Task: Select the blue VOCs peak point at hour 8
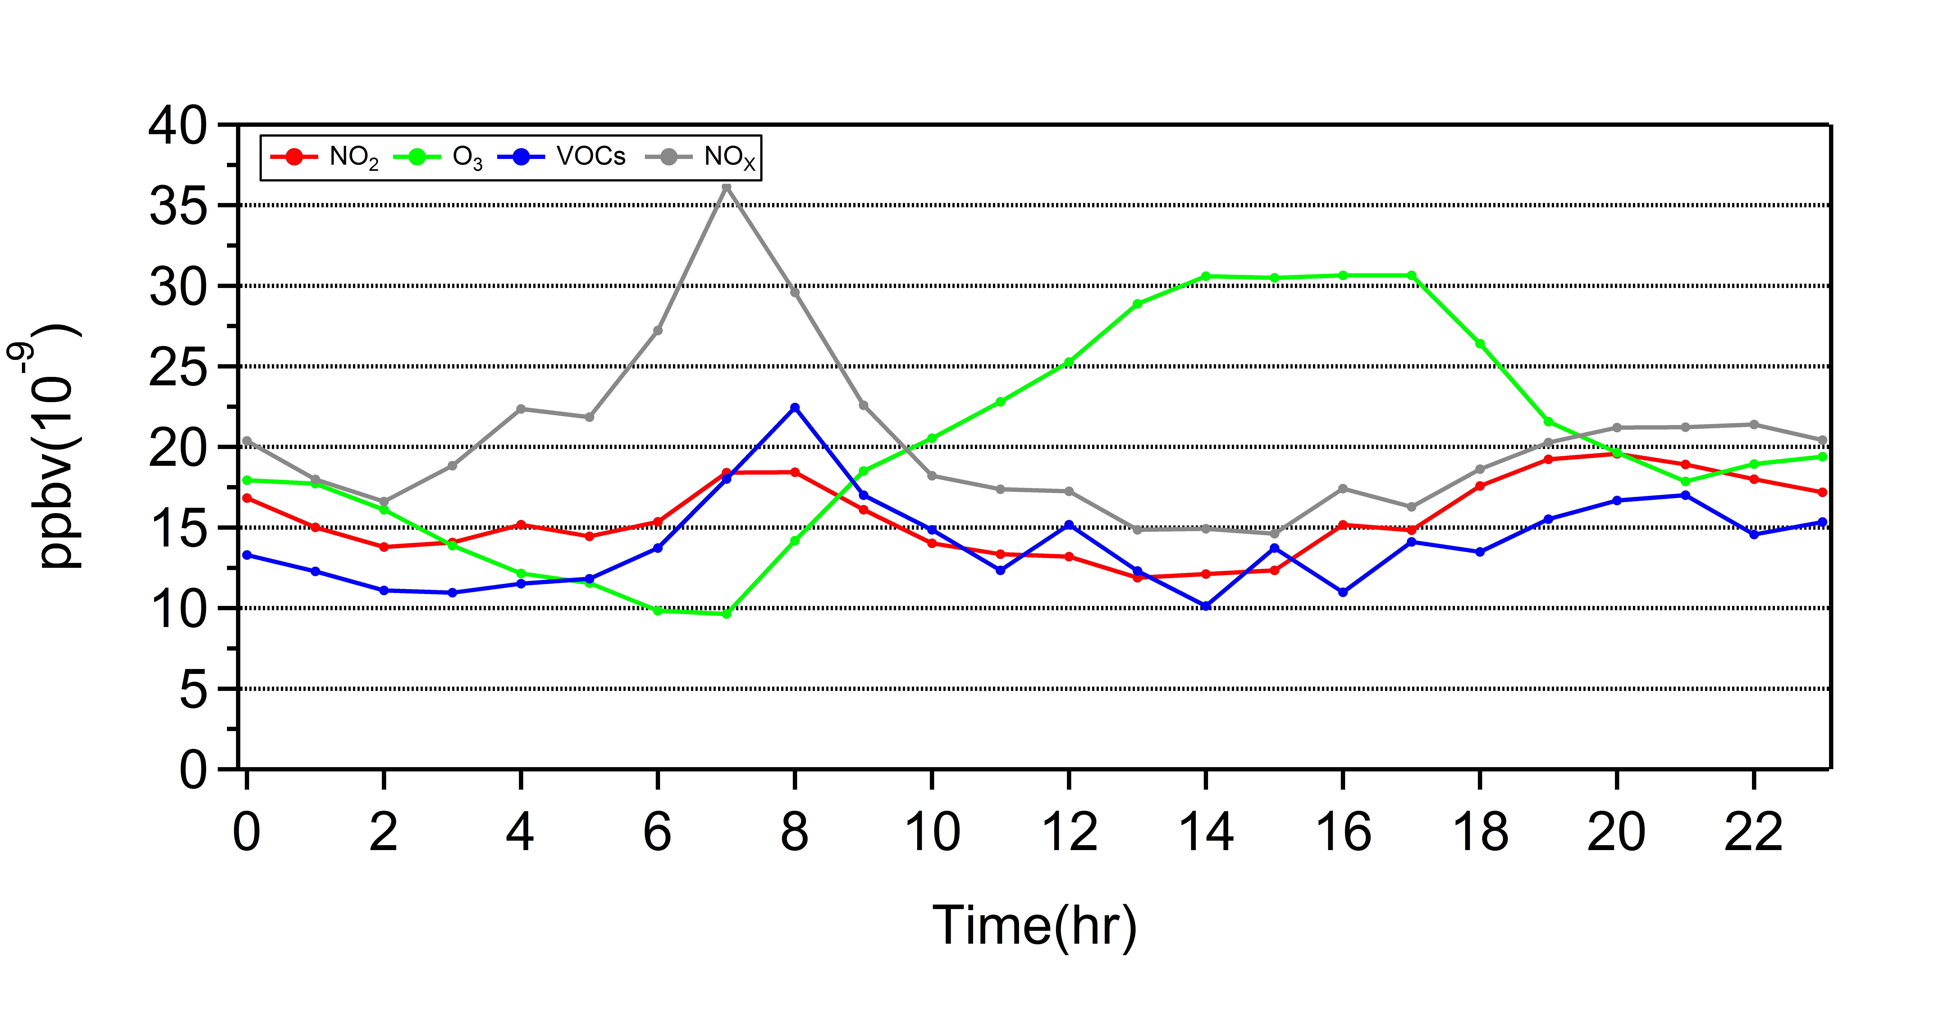[x=794, y=407]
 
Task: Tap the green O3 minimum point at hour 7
[x=726, y=614]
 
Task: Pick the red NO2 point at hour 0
[x=247, y=498]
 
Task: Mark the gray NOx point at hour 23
[x=1822, y=440]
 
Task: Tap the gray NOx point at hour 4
[x=521, y=409]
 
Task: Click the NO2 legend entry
[x=325, y=157]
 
